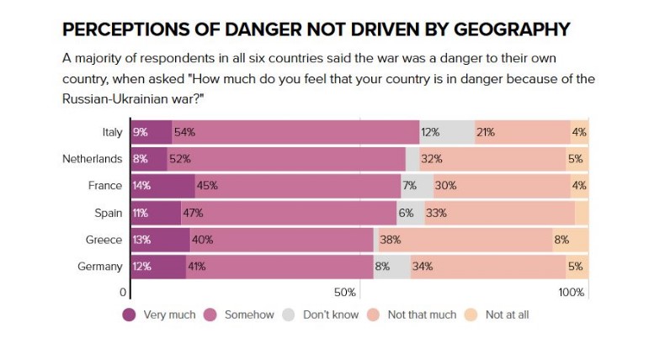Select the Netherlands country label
point(92,159)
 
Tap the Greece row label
point(104,240)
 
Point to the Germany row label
point(100,267)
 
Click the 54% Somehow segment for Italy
point(295,132)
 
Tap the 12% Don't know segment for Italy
point(447,132)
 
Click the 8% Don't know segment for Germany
point(391,267)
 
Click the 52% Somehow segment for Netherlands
point(286,159)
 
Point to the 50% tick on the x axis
point(346,293)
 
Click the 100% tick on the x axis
point(572,293)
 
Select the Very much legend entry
point(159,315)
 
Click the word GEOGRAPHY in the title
point(499,29)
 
